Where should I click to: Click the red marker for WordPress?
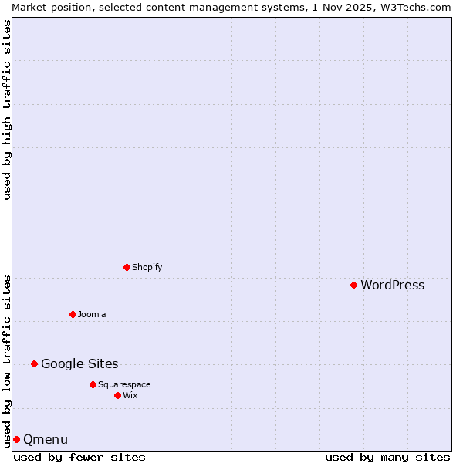coord(353,285)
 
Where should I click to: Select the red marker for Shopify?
coord(127,267)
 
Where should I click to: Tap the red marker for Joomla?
coord(73,314)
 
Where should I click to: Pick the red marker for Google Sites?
coord(34,363)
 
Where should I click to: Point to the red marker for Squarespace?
coord(93,384)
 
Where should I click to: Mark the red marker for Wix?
coord(117,395)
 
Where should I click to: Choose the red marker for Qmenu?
coord(16,439)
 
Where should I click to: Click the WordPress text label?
coord(392,286)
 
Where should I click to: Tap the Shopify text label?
coord(147,267)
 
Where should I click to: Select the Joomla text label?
coord(92,314)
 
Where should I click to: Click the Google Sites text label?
coord(79,364)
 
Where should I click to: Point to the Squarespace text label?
coord(124,384)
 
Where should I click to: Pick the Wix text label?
coord(130,395)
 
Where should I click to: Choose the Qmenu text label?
coord(46,440)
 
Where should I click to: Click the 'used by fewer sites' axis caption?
coord(79,457)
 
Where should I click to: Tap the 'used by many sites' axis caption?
coord(387,457)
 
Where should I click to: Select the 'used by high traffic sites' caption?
coord(7,110)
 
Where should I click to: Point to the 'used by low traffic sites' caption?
coord(7,360)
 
